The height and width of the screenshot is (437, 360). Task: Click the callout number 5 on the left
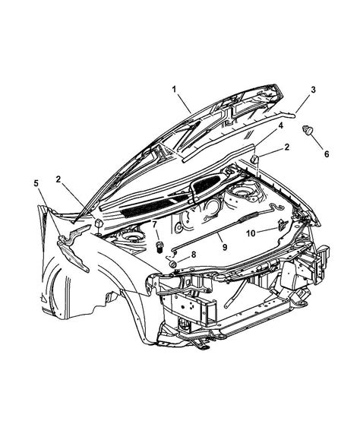[37, 183]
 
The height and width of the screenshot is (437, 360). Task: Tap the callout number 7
[155, 224]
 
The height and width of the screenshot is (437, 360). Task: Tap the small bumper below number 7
[160, 245]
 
